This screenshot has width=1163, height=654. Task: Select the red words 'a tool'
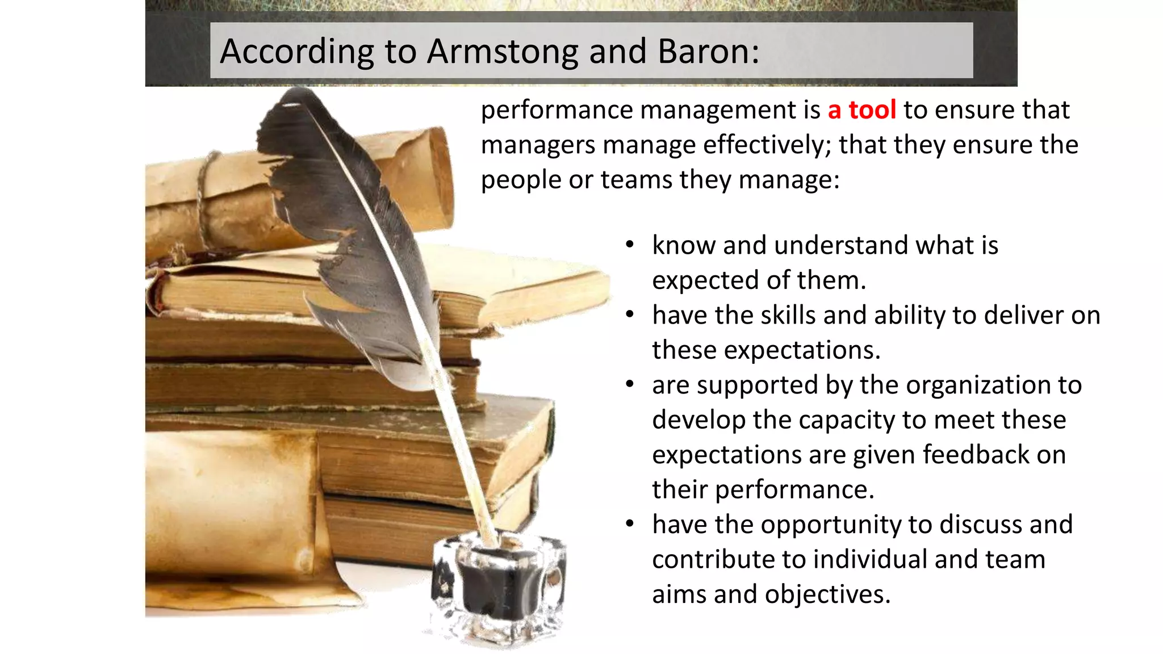(861, 110)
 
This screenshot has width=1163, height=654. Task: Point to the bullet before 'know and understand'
(629, 245)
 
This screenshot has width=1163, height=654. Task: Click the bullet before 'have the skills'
(629, 315)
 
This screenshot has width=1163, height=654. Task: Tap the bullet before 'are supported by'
(629, 385)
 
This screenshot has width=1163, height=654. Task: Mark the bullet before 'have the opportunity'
(629, 524)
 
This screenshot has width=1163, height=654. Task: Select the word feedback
(976, 455)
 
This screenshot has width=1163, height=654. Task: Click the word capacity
(847, 420)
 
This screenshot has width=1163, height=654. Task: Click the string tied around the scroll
(204, 199)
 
